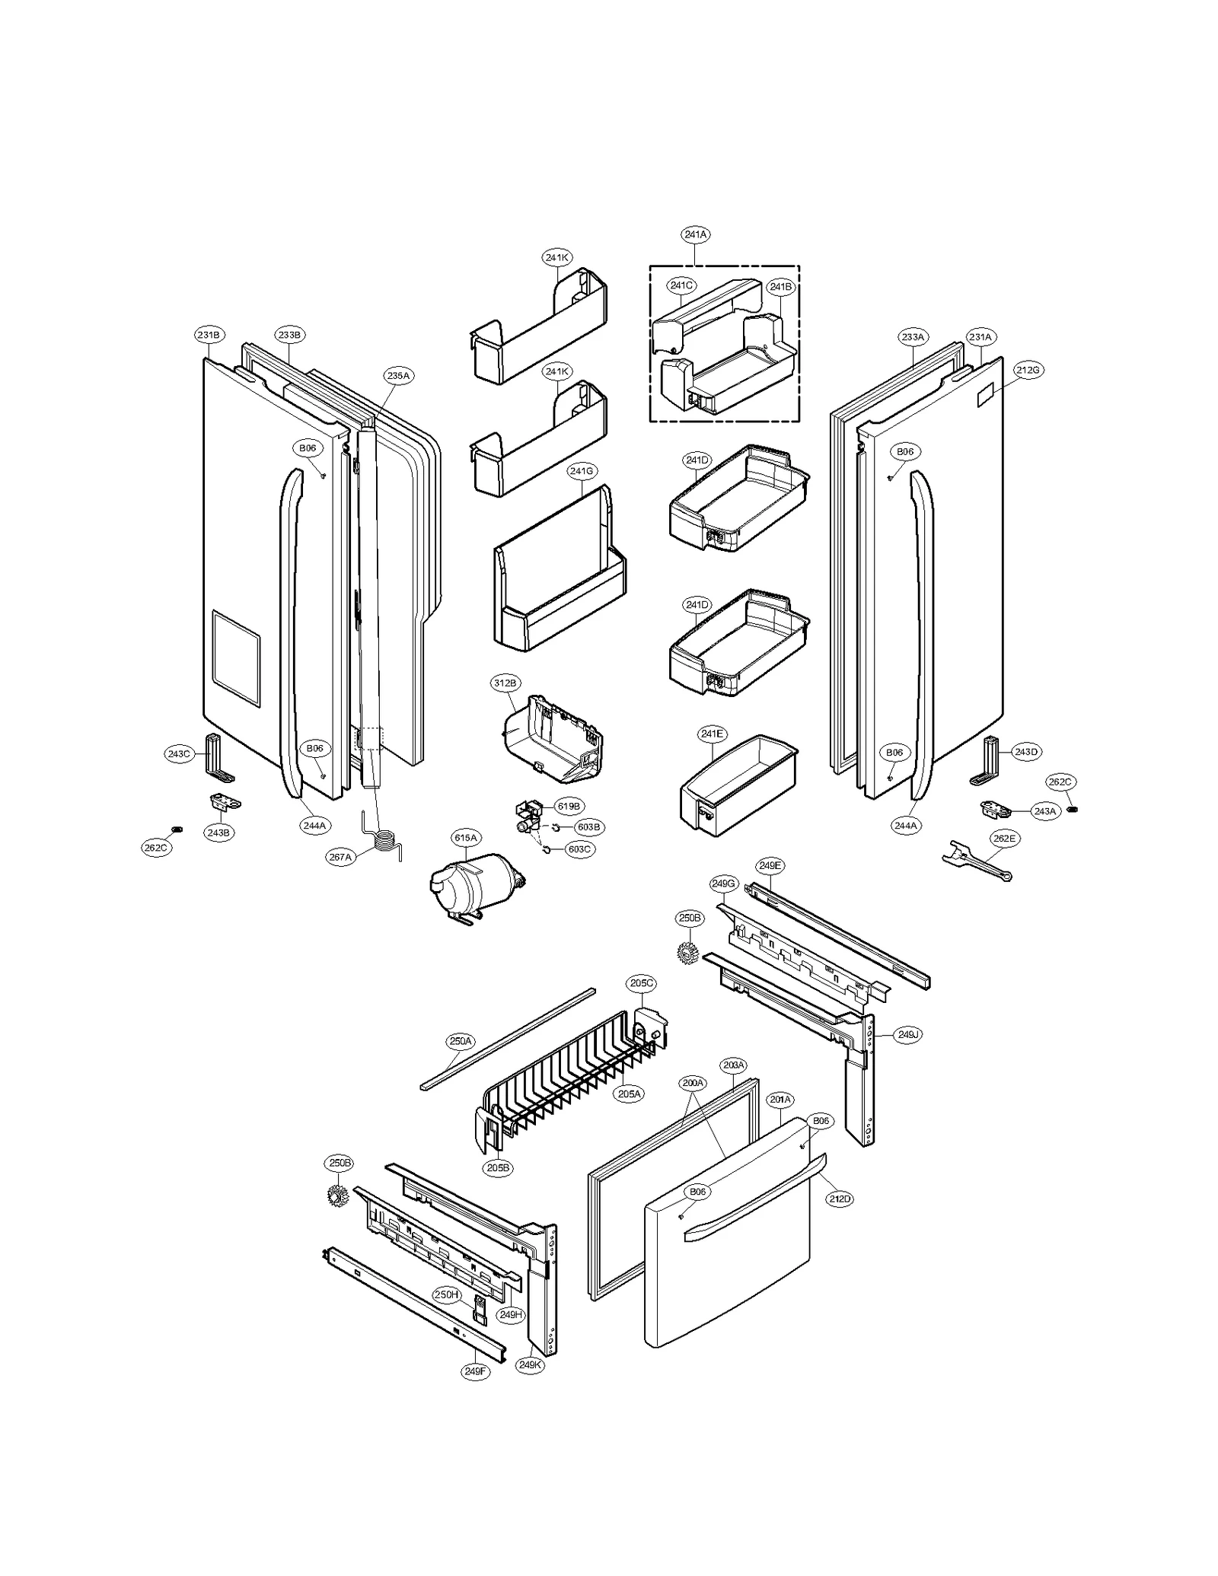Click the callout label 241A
(695, 235)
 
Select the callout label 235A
(397, 376)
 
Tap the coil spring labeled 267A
(387, 844)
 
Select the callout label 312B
(504, 683)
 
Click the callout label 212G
(1027, 370)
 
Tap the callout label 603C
(579, 849)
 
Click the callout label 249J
(907, 1035)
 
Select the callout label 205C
(641, 983)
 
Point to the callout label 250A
(461, 1041)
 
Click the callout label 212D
(840, 1199)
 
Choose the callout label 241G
(581, 471)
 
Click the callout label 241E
(712, 734)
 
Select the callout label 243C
(178, 754)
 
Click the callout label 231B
(209, 335)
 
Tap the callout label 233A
(912, 336)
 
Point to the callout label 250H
(447, 1294)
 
